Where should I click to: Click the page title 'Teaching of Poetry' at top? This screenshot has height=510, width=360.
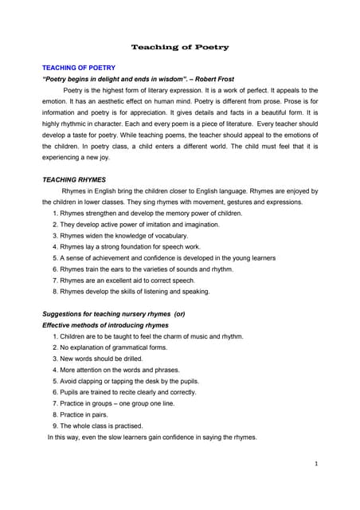point(180,47)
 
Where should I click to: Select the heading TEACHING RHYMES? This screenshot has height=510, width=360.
point(73,180)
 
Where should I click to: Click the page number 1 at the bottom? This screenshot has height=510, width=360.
point(316,463)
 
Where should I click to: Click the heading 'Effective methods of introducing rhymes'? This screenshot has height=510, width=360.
point(104,325)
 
